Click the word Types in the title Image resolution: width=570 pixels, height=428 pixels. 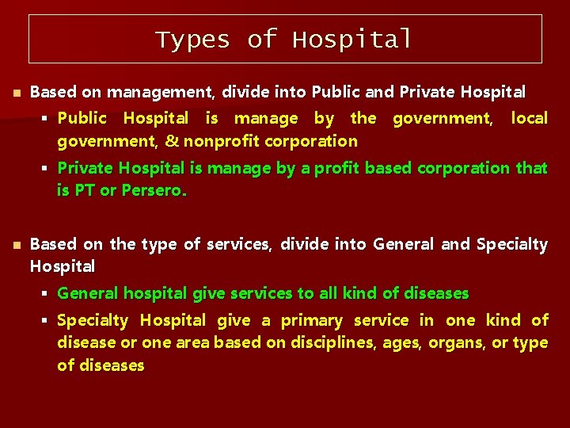[192, 39]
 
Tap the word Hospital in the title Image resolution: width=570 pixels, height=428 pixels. [352, 39]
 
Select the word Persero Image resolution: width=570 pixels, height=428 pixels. [154, 191]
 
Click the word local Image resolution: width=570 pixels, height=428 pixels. [529, 118]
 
